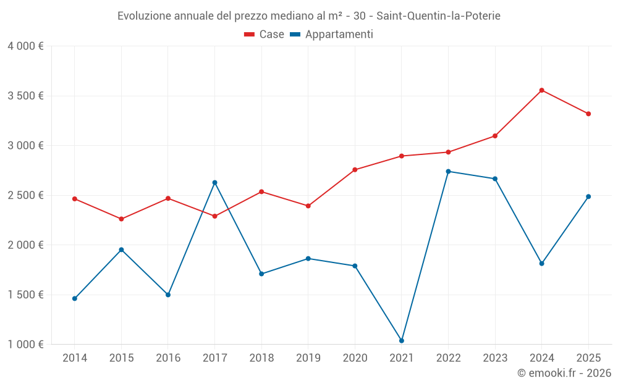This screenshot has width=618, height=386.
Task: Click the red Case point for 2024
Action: click(x=541, y=90)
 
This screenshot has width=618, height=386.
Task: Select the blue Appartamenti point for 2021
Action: click(x=402, y=341)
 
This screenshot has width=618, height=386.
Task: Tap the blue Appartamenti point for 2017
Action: click(x=214, y=183)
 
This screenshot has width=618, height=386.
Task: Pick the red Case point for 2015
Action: click(x=121, y=219)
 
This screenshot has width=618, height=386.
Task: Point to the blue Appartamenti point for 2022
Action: click(x=448, y=172)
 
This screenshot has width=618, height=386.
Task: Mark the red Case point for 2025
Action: click(x=588, y=114)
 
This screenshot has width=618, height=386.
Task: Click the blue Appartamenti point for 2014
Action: click(x=75, y=299)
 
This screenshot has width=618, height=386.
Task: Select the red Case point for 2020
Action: click(x=355, y=170)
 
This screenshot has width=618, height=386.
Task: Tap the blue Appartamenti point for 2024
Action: click(x=541, y=264)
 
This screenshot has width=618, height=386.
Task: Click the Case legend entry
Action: click(x=264, y=35)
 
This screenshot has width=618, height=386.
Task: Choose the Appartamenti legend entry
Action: click(x=331, y=35)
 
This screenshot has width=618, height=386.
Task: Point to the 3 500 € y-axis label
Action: click(x=25, y=96)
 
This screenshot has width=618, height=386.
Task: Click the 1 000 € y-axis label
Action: click(x=25, y=345)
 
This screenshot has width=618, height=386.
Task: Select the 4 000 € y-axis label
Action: click(x=25, y=46)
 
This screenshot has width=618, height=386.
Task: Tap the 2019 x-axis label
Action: click(x=308, y=358)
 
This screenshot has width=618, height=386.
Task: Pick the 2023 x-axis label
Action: click(x=495, y=358)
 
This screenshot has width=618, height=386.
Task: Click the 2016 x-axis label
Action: click(x=168, y=358)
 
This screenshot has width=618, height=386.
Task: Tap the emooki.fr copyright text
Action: click(x=564, y=373)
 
